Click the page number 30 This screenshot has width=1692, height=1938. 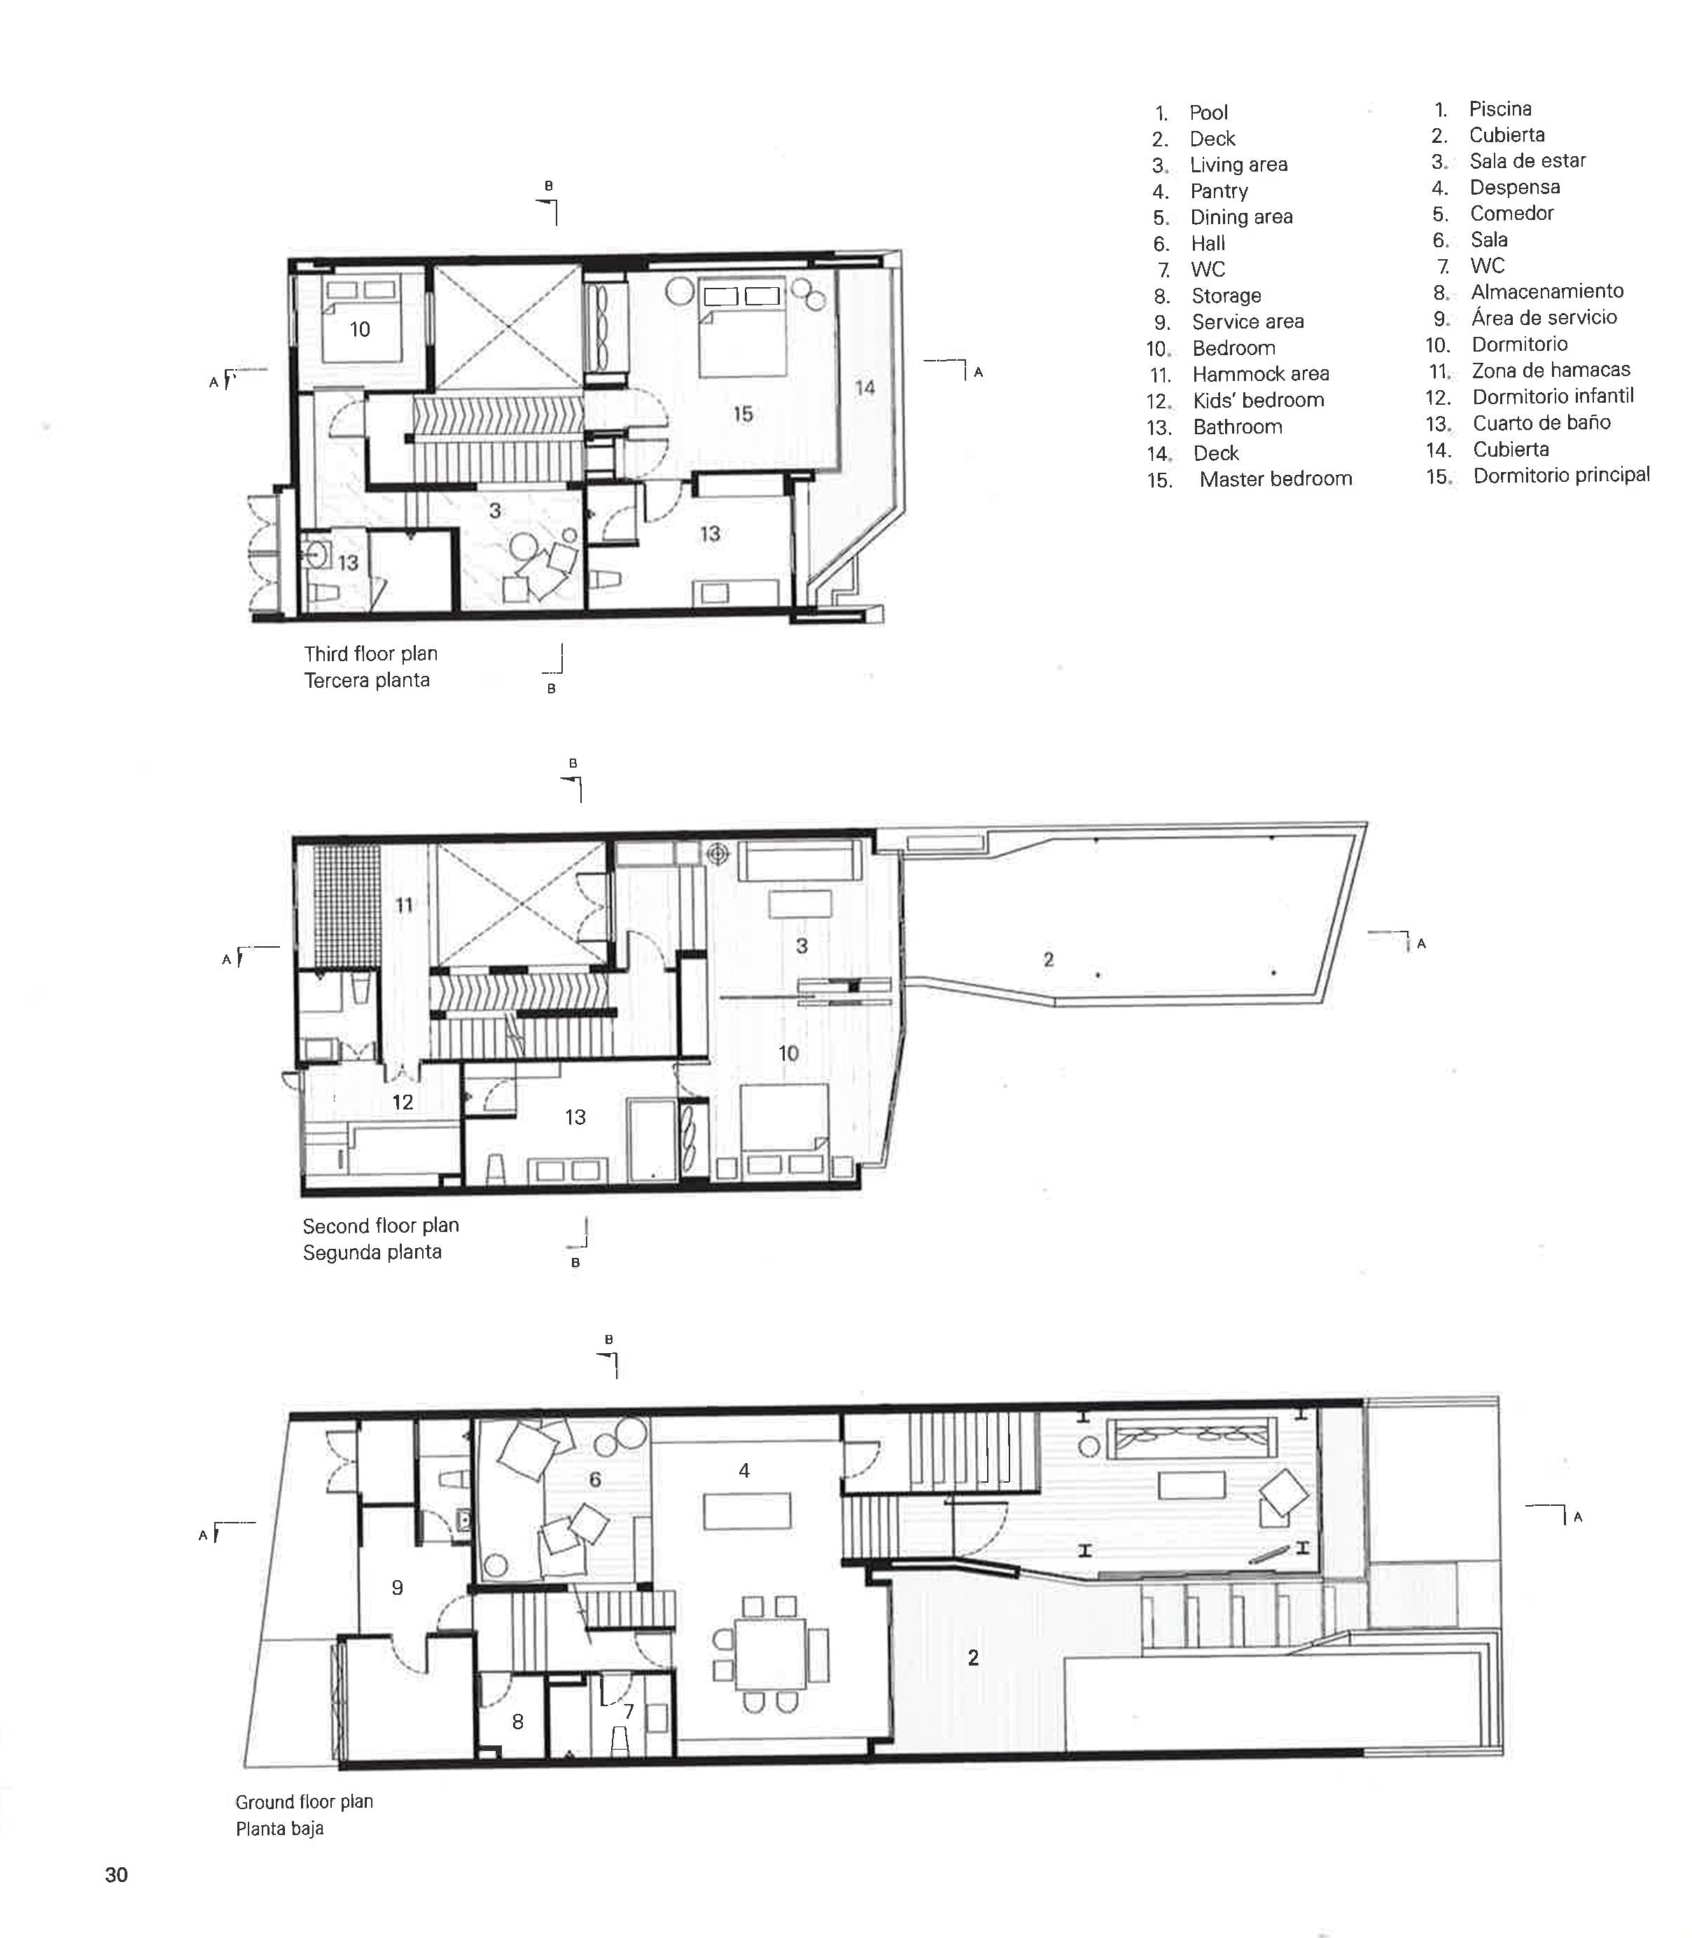tap(116, 1875)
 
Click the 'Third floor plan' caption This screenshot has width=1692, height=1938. tap(370, 653)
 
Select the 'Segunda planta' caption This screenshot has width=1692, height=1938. tap(372, 1252)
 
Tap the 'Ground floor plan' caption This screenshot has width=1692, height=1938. tap(304, 1801)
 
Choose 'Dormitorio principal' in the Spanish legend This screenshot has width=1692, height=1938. tap(1561, 475)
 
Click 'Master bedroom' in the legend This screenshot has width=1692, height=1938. tap(1275, 479)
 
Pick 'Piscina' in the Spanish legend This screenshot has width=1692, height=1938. tap(1499, 109)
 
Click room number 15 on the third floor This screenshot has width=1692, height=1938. tap(742, 414)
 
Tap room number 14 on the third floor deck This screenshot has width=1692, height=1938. tap(865, 387)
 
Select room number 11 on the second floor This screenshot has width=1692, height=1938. tap(404, 906)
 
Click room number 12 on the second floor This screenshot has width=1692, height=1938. tap(403, 1102)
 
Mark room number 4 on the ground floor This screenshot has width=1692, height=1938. tap(744, 1471)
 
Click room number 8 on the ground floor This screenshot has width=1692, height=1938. tap(517, 1721)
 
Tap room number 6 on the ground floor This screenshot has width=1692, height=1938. tap(595, 1479)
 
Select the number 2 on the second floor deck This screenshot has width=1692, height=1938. tap(1048, 960)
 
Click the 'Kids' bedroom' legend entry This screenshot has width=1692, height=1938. tap(1258, 401)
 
